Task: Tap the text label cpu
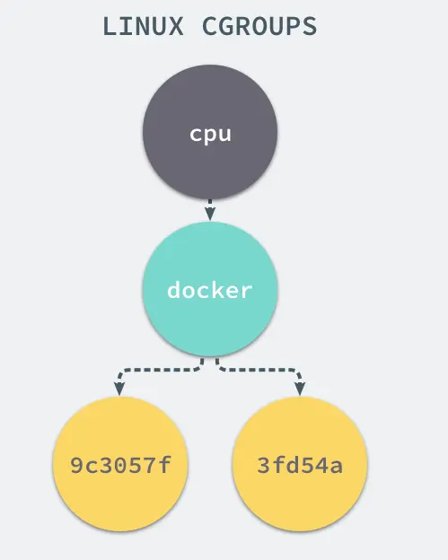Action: (210, 135)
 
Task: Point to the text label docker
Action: (210, 291)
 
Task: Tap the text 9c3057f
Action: (120, 467)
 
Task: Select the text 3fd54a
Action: (300, 467)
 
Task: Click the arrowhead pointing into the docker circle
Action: (210, 214)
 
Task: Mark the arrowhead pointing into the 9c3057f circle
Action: (119, 389)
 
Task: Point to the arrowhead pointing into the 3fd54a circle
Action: (300, 389)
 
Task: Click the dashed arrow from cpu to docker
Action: (210, 206)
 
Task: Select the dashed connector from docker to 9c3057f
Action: (153, 369)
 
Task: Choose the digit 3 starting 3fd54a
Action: (261, 467)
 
